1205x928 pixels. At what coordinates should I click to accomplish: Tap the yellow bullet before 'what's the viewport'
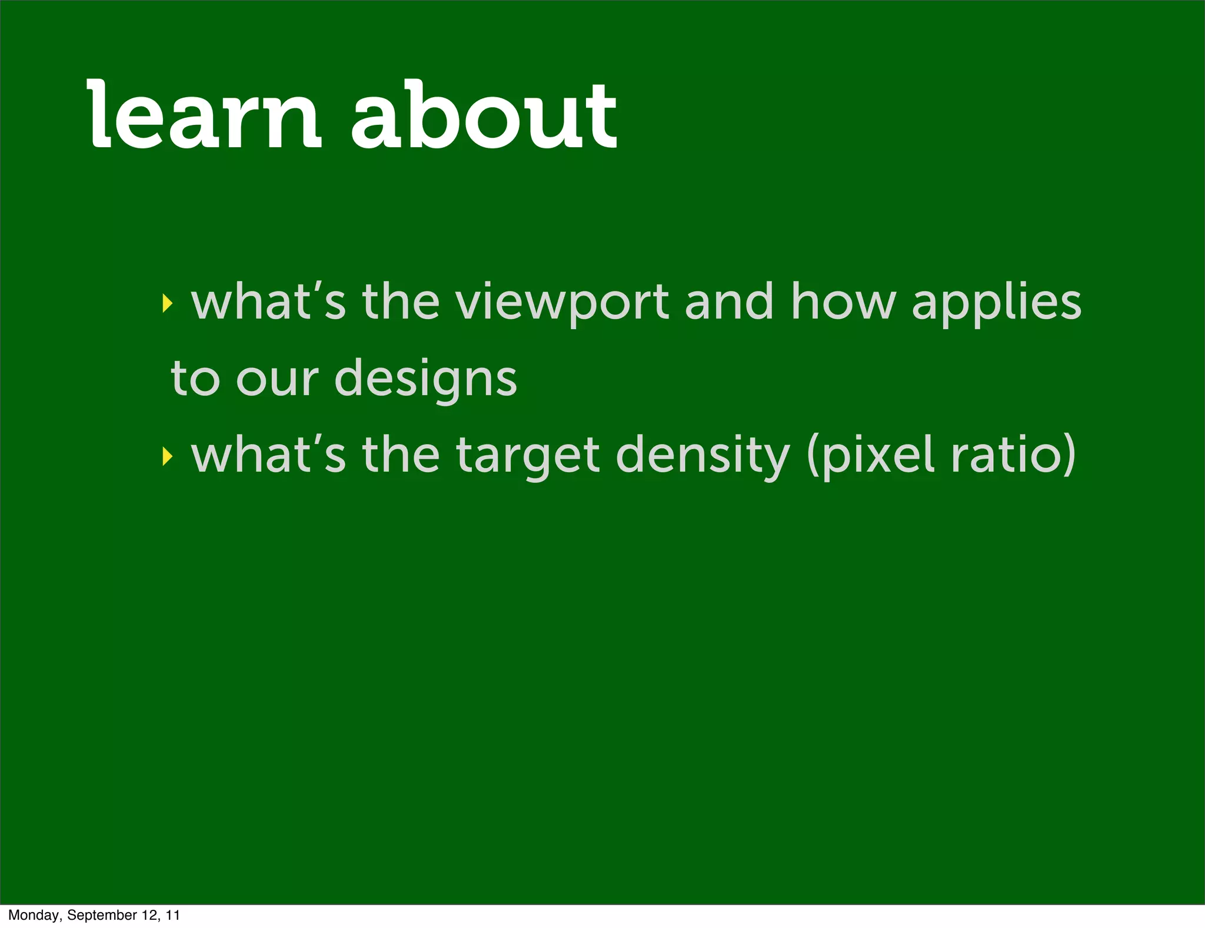168,303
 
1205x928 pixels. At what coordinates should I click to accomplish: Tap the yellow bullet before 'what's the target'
168,455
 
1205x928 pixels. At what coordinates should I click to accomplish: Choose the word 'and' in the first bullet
729,301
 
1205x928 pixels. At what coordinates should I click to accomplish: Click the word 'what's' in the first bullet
268,301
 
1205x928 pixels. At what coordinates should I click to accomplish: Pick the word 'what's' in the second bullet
268,455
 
